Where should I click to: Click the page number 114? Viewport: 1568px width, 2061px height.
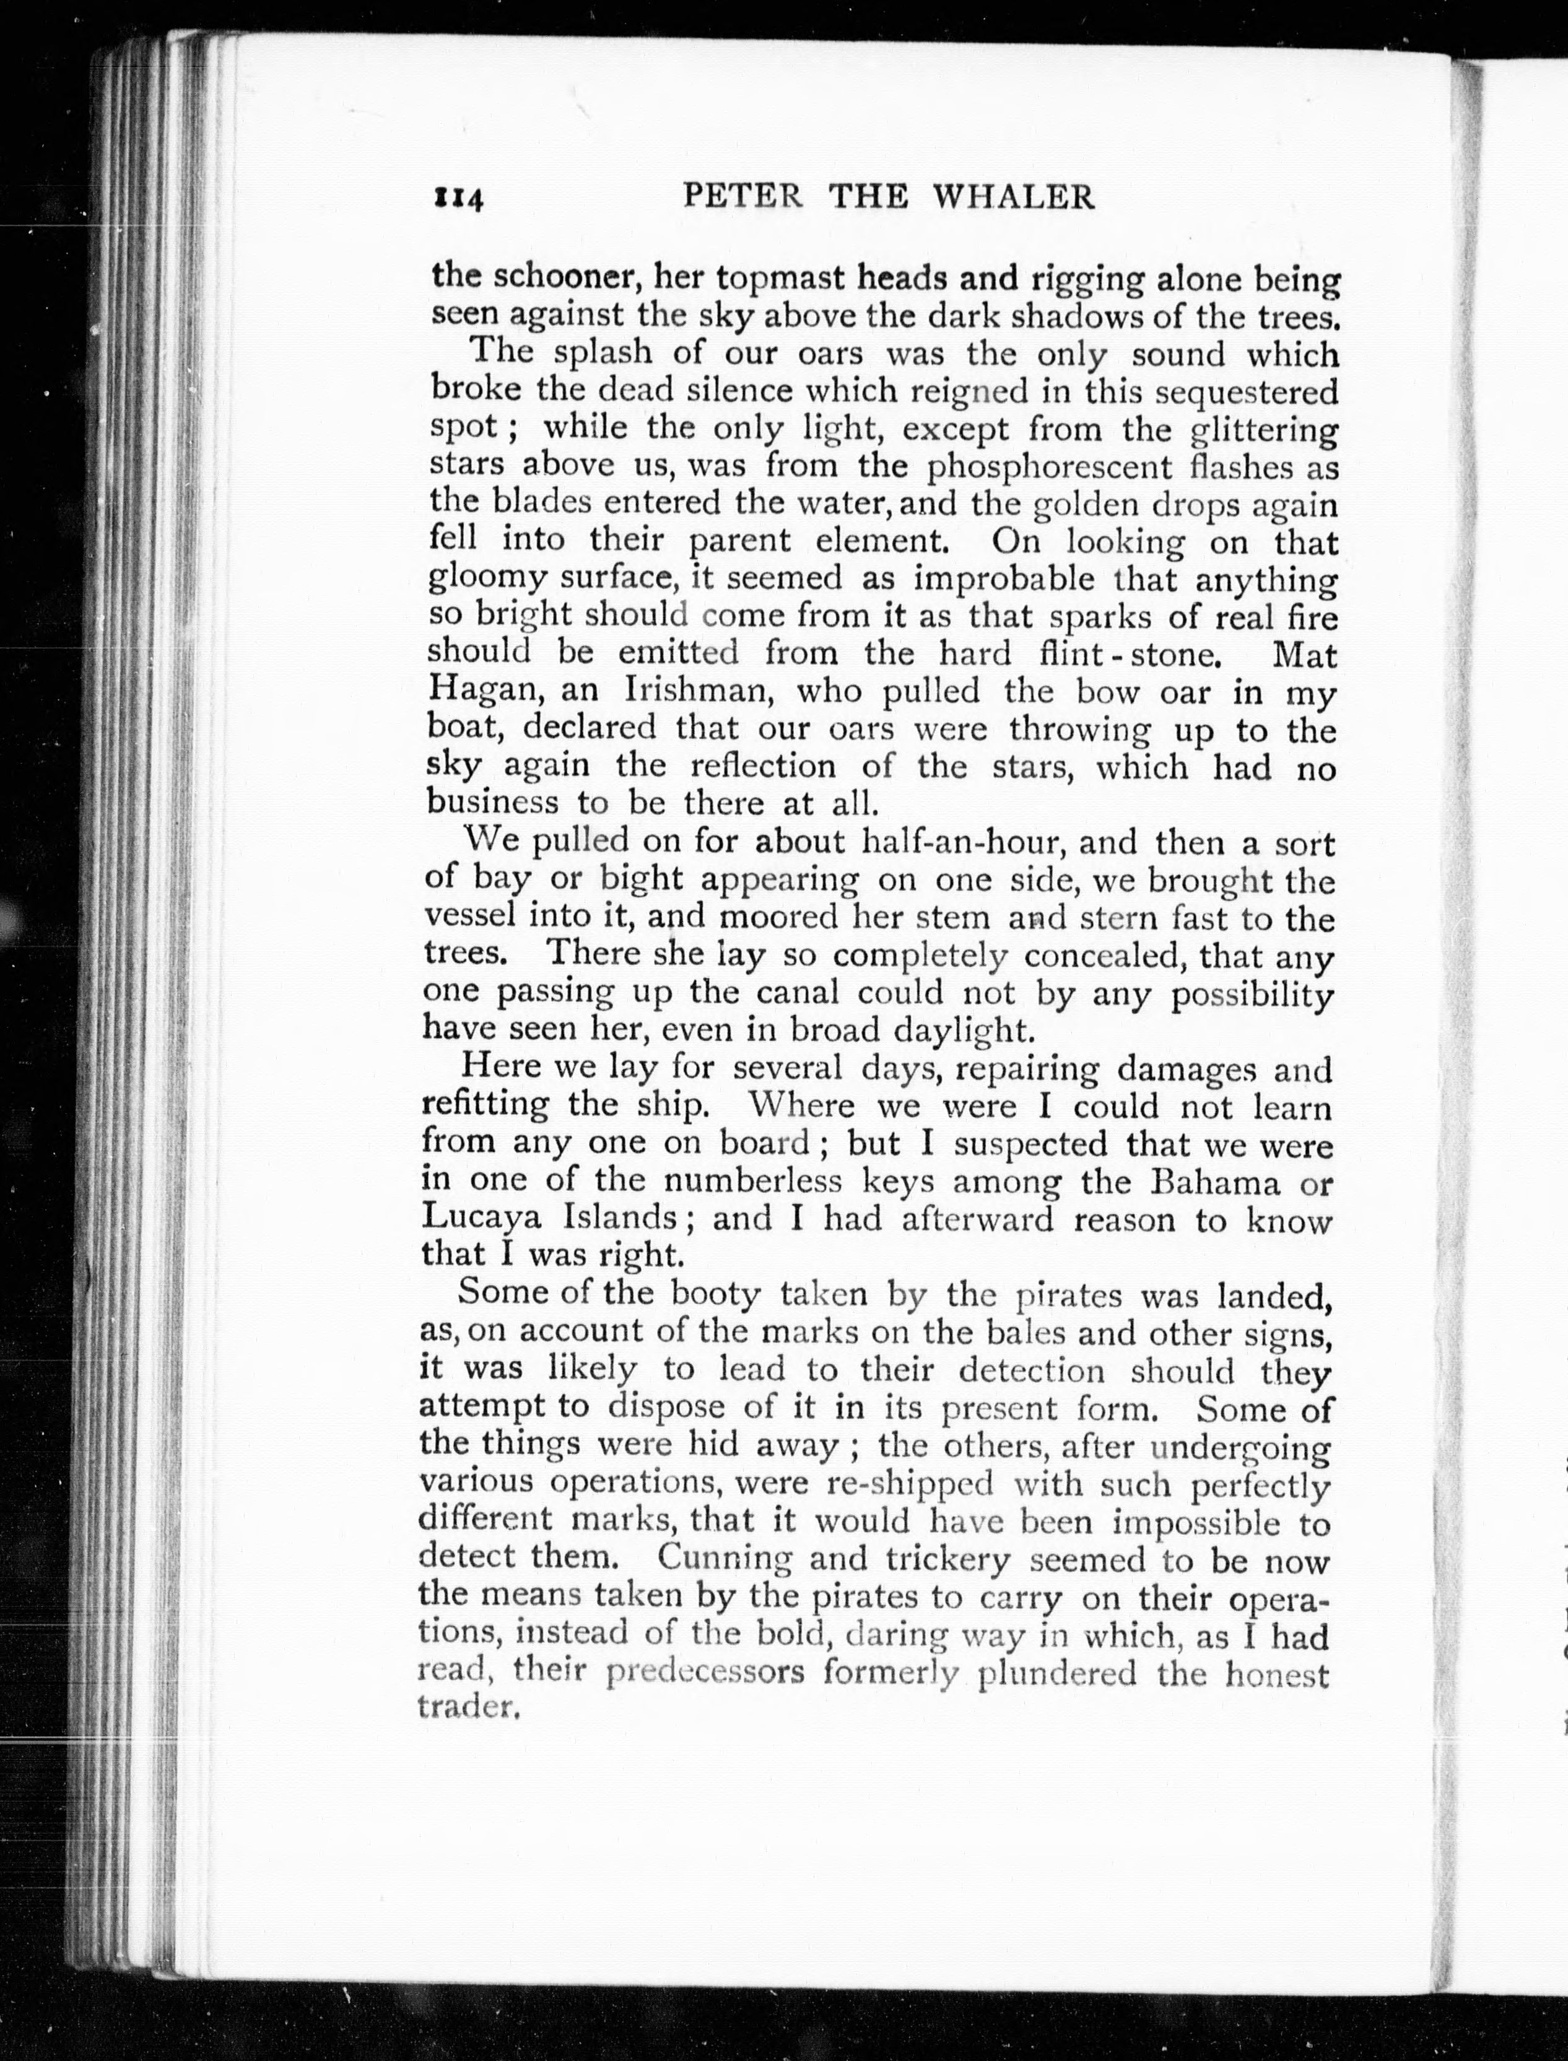[x=456, y=199]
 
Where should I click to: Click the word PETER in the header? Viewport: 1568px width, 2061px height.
[x=742, y=196]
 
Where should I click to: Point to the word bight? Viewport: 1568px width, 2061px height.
[x=640, y=880]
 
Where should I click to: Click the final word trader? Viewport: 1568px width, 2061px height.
[x=467, y=1707]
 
